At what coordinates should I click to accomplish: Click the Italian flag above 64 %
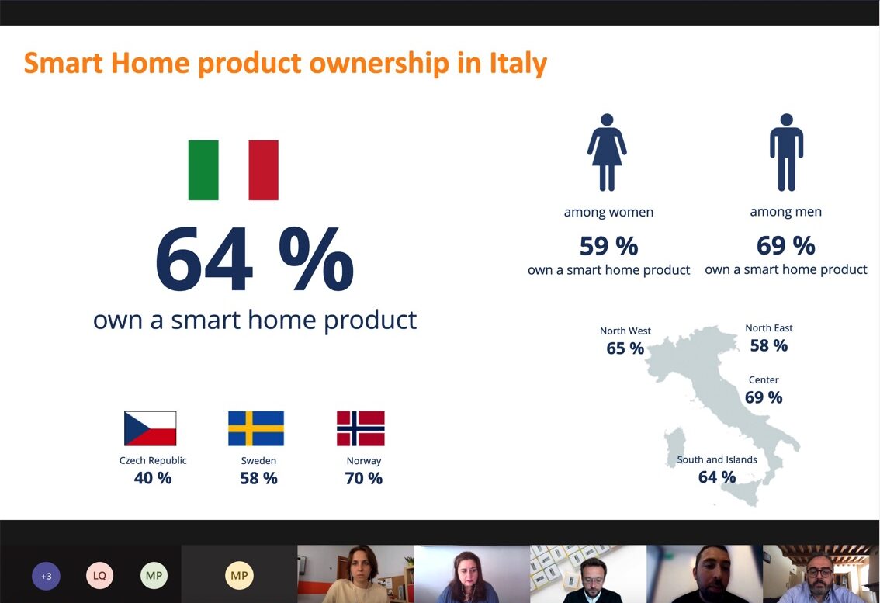233,170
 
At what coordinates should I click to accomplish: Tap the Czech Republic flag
151,428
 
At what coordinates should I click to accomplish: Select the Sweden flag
256,428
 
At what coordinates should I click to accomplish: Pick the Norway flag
361,428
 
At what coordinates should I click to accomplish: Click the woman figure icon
607,152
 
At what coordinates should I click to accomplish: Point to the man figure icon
786,152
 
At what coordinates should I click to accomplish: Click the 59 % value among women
608,246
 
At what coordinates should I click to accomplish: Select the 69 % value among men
785,246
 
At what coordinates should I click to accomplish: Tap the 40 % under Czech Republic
153,478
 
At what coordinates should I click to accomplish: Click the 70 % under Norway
363,478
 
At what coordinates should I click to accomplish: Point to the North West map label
625,331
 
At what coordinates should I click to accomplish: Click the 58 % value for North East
768,345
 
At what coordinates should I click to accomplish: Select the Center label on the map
764,380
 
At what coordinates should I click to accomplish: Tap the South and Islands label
717,459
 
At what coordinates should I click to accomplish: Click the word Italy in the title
518,63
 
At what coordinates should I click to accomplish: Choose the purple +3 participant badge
46,576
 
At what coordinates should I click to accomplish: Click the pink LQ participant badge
99,576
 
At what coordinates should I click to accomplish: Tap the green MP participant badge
154,576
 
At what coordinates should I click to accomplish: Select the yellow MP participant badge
239,576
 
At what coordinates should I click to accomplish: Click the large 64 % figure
255,260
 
